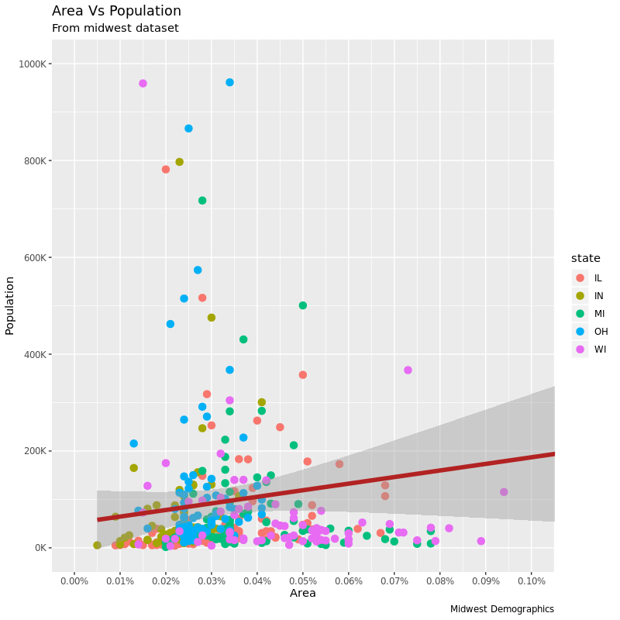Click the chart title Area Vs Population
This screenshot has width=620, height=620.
point(116,11)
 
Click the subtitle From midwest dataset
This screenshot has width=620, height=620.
point(115,29)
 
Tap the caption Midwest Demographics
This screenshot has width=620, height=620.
point(501,609)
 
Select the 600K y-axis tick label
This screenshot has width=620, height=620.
point(37,257)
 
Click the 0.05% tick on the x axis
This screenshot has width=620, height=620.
point(302,580)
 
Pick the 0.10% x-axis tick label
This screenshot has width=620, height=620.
point(531,580)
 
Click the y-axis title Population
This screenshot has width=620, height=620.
point(10,305)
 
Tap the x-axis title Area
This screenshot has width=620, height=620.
point(302,594)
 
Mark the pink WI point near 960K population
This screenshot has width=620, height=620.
point(143,84)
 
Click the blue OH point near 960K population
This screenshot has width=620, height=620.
point(229,82)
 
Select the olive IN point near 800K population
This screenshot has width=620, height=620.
point(179,162)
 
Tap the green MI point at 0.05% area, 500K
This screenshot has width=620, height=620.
point(302,305)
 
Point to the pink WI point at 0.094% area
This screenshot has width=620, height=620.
point(504,492)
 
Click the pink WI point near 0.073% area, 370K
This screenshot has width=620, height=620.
point(408,370)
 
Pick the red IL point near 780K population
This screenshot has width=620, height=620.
point(165,169)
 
